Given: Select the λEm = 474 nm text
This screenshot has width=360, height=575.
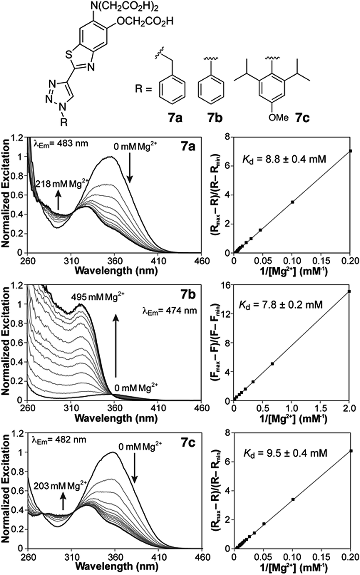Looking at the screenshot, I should point(169,311).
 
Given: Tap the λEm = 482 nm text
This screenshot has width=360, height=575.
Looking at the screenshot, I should point(59,439).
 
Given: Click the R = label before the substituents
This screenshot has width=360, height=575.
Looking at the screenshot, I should point(144,89).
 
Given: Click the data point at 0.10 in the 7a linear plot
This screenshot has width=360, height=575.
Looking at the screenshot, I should point(292,202).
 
